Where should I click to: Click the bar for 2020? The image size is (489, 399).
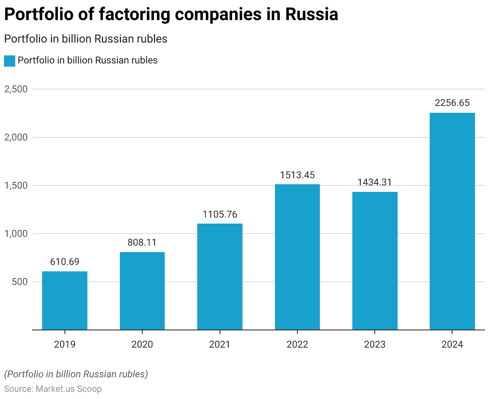tap(142, 291)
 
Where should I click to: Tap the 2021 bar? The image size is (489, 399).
tap(220, 277)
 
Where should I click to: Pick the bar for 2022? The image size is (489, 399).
tap(297, 257)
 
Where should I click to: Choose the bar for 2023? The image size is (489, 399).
tap(375, 261)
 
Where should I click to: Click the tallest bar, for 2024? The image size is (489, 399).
tap(452, 221)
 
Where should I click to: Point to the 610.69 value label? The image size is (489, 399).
tap(65, 262)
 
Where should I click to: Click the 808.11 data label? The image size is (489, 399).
tap(142, 242)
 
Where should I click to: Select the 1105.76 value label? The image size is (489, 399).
tap(220, 214)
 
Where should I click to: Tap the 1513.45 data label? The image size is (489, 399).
tap(297, 175)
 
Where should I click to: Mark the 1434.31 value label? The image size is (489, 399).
tap(375, 182)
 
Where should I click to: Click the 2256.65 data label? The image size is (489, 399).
tap(452, 103)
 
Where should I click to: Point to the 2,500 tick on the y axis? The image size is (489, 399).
tap(16, 89)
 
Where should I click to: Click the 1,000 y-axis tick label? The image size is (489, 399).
tap(16, 234)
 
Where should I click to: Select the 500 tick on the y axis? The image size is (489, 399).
tap(20, 282)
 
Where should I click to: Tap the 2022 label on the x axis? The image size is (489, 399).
tap(297, 344)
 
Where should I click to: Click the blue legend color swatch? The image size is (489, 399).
tap(9, 61)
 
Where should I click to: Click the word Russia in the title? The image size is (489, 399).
tap(312, 14)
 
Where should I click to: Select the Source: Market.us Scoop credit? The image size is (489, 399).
tap(53, 389)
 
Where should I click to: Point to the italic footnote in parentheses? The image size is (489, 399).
tap(76, 374)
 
